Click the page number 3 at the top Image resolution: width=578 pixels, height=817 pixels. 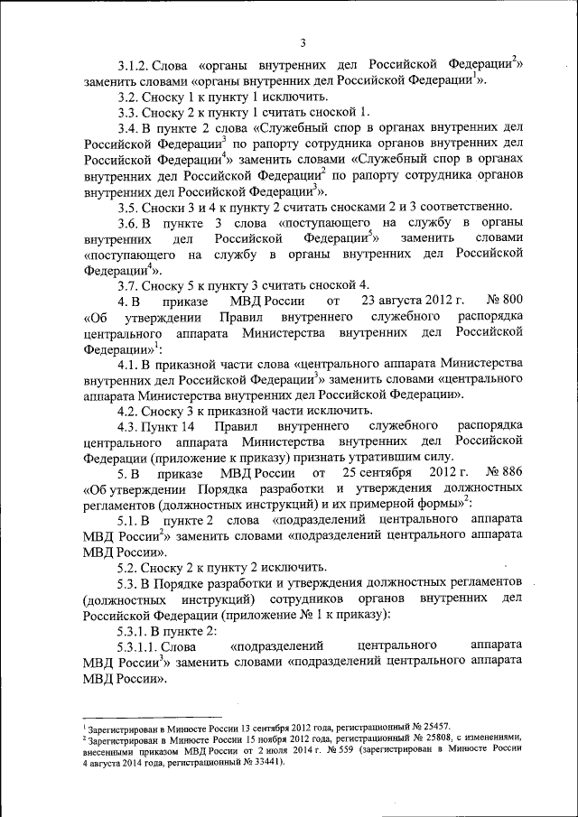click(303, 42)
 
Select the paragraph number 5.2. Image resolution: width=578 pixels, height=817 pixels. click(128, 566)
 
